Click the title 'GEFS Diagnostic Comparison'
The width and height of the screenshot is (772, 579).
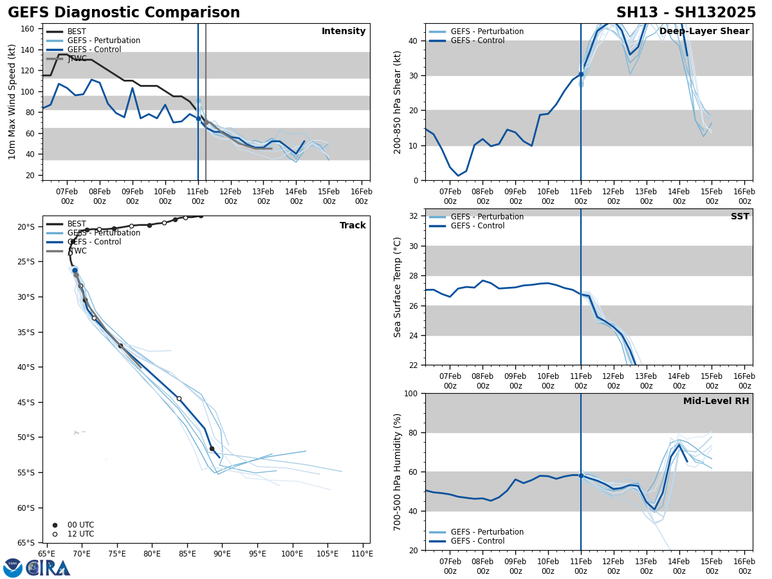(124, 13)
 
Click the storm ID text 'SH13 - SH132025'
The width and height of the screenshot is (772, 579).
(686, 13)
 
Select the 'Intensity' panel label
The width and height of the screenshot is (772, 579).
(344, 32)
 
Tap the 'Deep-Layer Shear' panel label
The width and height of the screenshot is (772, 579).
(704, 32)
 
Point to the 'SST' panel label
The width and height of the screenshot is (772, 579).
(740, 217)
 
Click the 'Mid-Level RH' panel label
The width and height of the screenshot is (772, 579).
(716, 401)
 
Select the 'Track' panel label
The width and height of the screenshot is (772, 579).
(353, 226)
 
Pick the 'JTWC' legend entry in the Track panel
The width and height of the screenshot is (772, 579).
(77, 251)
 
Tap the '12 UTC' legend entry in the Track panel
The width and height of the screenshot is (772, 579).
(80, 534)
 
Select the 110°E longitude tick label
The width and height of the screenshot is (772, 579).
(362, 554)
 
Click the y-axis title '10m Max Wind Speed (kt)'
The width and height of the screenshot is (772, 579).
(12, 102)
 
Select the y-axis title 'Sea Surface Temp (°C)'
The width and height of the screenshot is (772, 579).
(398, 287)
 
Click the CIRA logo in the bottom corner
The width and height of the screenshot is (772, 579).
(37, 567)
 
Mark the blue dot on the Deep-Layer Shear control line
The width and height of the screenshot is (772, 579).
(581, 74)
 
